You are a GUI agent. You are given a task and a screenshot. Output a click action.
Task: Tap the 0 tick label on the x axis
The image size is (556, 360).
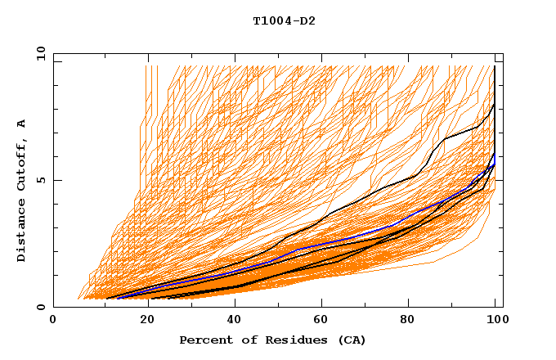pos(54,322)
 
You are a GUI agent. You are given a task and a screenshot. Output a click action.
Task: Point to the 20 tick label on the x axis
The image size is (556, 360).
pos(141,322)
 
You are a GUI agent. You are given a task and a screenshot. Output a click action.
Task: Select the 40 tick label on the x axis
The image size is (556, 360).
pos(231,322)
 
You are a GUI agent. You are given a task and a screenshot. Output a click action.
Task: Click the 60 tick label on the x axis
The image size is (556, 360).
pos(319,322)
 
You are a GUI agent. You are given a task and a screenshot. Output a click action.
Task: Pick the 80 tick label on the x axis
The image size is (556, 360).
pos(407,322)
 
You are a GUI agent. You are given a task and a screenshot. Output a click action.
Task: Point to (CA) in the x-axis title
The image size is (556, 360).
pos(350,340)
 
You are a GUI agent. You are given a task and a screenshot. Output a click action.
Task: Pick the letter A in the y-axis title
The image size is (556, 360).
pos(22,124)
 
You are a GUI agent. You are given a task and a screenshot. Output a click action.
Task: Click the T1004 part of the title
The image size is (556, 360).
pos(271,21)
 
